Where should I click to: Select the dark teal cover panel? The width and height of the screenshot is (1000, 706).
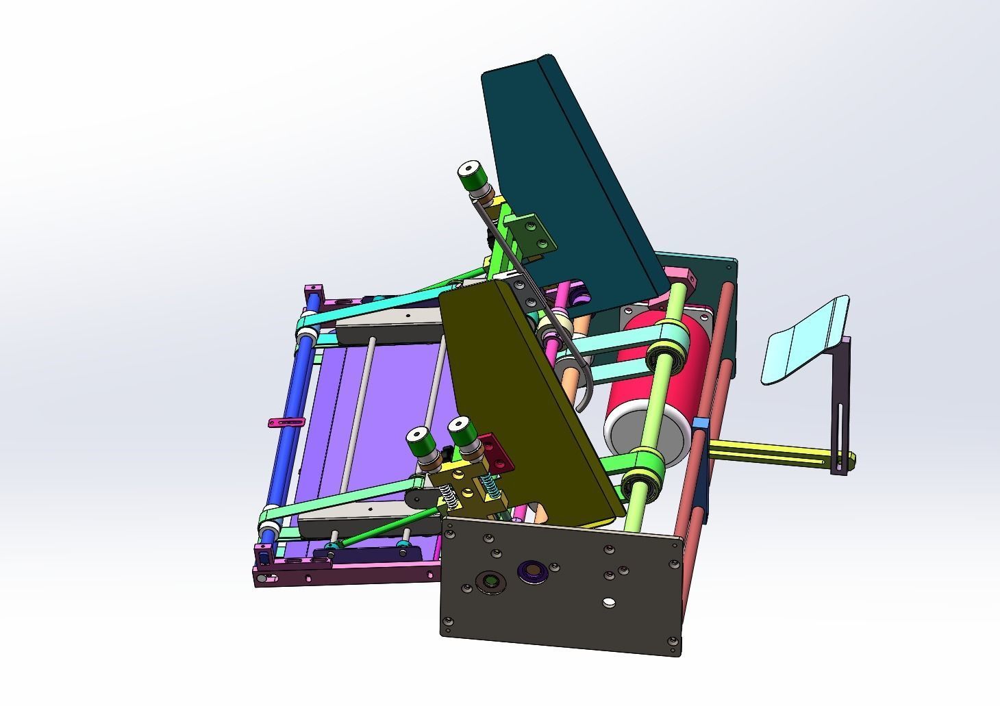point(562,171)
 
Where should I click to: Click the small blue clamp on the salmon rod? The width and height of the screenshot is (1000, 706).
point(699,422)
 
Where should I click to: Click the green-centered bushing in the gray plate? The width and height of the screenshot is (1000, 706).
point(491,581)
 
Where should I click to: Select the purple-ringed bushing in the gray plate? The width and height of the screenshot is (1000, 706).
point(531,569)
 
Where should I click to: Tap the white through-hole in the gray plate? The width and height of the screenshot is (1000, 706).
point(608,603)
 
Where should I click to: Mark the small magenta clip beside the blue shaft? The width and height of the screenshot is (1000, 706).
point(284,423)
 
